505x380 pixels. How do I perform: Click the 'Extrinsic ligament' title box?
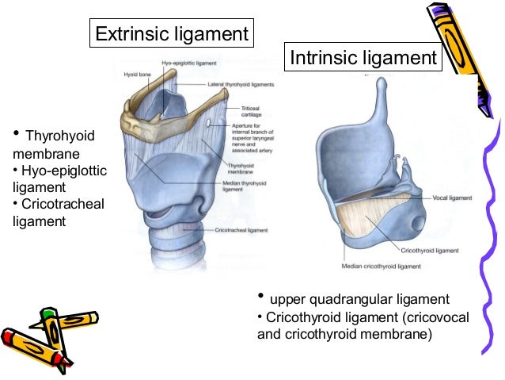(x=170, y=34)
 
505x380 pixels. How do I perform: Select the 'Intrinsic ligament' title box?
(x=363, y=58)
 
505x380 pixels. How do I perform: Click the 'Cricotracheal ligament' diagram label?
(x=241, y=229)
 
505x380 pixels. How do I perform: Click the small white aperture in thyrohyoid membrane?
(x=207, y=125)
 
